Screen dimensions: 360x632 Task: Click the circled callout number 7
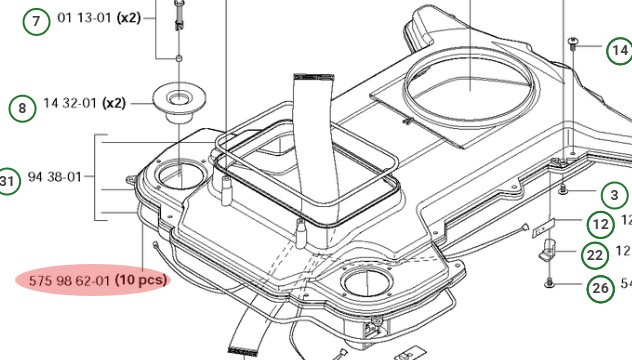click(37, 20)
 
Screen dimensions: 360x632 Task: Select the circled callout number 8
click(21, 105)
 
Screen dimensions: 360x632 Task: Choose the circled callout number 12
click(600, 224)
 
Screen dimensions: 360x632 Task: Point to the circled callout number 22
click(596, 255)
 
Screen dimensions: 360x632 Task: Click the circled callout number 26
click(600, 290)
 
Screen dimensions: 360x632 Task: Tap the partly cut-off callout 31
click(8, 181)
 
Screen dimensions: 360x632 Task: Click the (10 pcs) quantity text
click(140, 280)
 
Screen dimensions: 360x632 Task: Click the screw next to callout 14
click(573, 40)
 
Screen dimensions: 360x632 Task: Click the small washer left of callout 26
click(549, 286)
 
